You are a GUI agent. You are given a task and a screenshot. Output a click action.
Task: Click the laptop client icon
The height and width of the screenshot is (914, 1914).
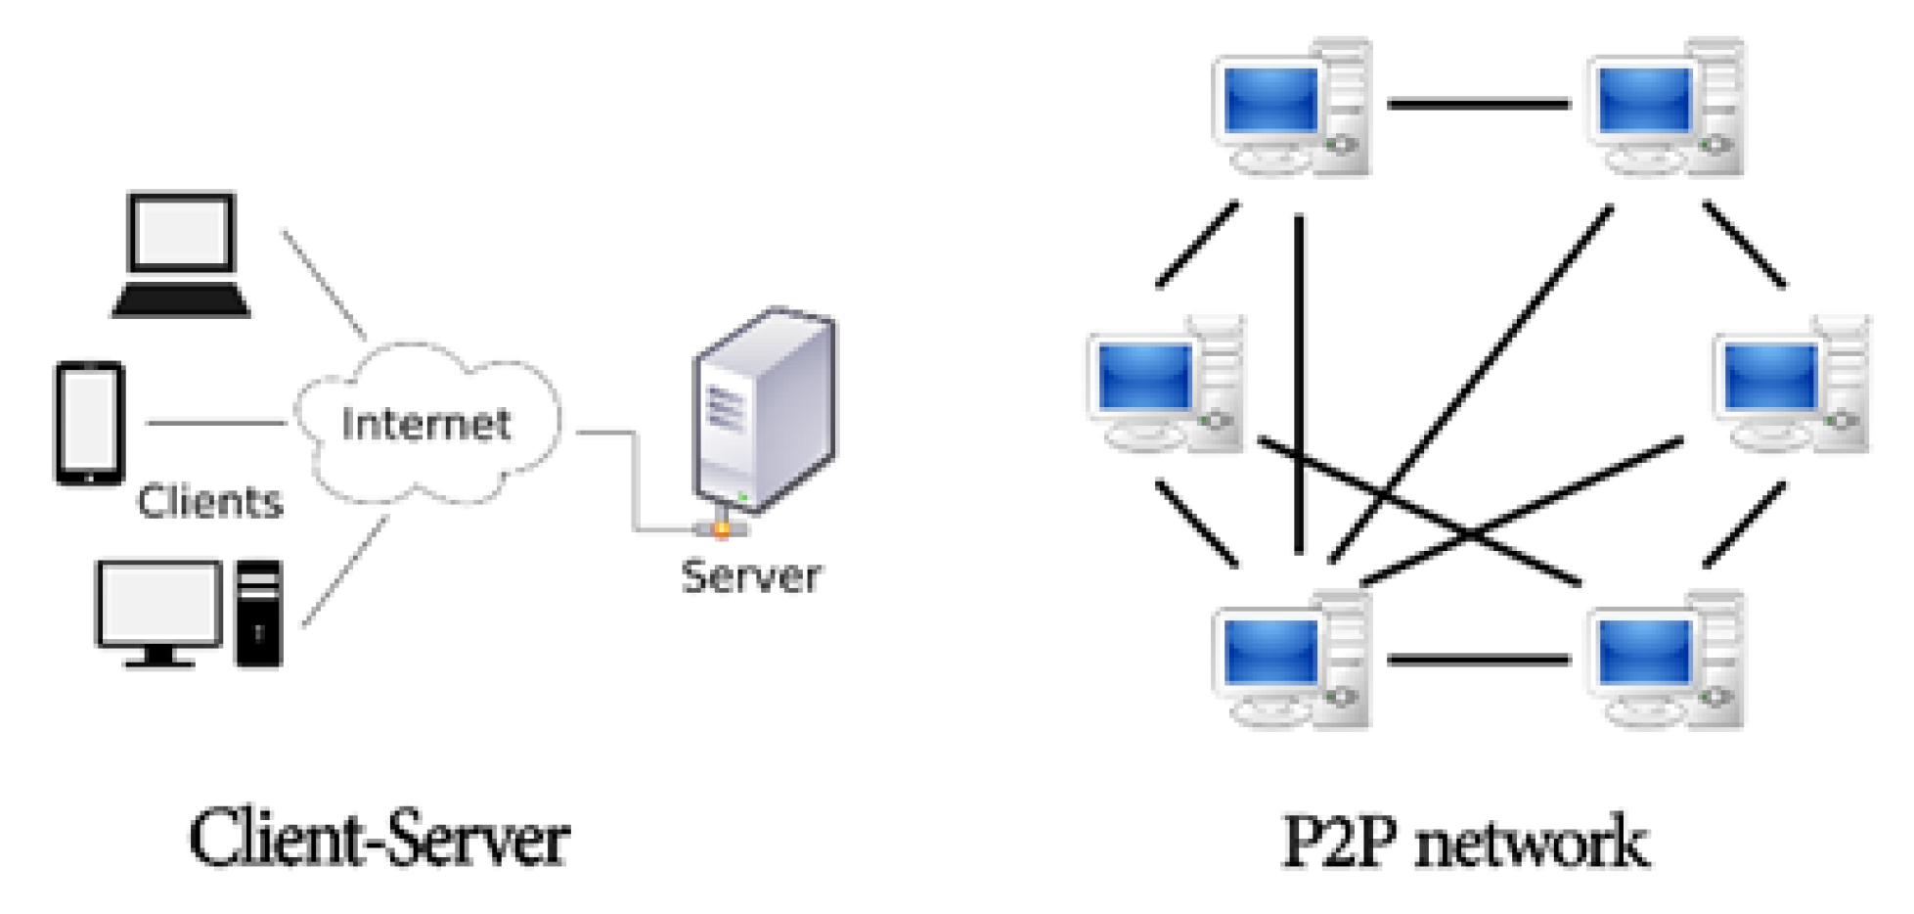coord(182,254)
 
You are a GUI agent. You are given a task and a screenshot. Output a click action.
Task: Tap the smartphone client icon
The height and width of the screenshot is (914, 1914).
coord(89,423)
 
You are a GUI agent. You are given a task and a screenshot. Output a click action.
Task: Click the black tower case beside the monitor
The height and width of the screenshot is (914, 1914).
coord(259,614)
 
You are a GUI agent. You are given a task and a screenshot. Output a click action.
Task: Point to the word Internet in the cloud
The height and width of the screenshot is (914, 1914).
coord(425,424)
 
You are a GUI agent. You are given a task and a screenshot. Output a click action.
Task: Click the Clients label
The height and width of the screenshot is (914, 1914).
coord(209,502)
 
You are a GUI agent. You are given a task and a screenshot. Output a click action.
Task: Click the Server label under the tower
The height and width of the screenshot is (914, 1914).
coord(750,576)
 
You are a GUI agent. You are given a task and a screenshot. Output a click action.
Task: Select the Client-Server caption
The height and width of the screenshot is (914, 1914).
coord(378,839)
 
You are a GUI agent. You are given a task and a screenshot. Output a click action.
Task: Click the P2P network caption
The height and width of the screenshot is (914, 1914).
coord(1464,841)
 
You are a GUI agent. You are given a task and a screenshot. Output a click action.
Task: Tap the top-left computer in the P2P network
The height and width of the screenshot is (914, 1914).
coord(1291,108)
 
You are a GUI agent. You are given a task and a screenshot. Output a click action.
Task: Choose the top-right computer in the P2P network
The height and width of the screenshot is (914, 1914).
coord(1665,108)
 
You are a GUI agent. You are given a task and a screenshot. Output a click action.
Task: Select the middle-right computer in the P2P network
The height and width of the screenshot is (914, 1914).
coord(1792,385)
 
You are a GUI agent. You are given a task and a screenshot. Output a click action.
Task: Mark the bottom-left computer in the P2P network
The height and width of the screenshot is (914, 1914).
coord(1291,661)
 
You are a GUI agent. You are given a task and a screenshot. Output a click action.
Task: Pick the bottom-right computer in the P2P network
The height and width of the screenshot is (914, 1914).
coord(1665,661)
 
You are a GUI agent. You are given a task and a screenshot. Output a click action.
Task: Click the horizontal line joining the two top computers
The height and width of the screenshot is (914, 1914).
coord(1478,103)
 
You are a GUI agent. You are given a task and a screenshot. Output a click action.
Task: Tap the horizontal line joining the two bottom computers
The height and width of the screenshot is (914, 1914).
coord(1478,661)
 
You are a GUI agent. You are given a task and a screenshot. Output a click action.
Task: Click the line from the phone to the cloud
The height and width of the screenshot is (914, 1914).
coord(215,423)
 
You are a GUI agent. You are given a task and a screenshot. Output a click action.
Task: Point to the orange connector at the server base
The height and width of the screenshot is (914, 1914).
coord(722,529)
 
